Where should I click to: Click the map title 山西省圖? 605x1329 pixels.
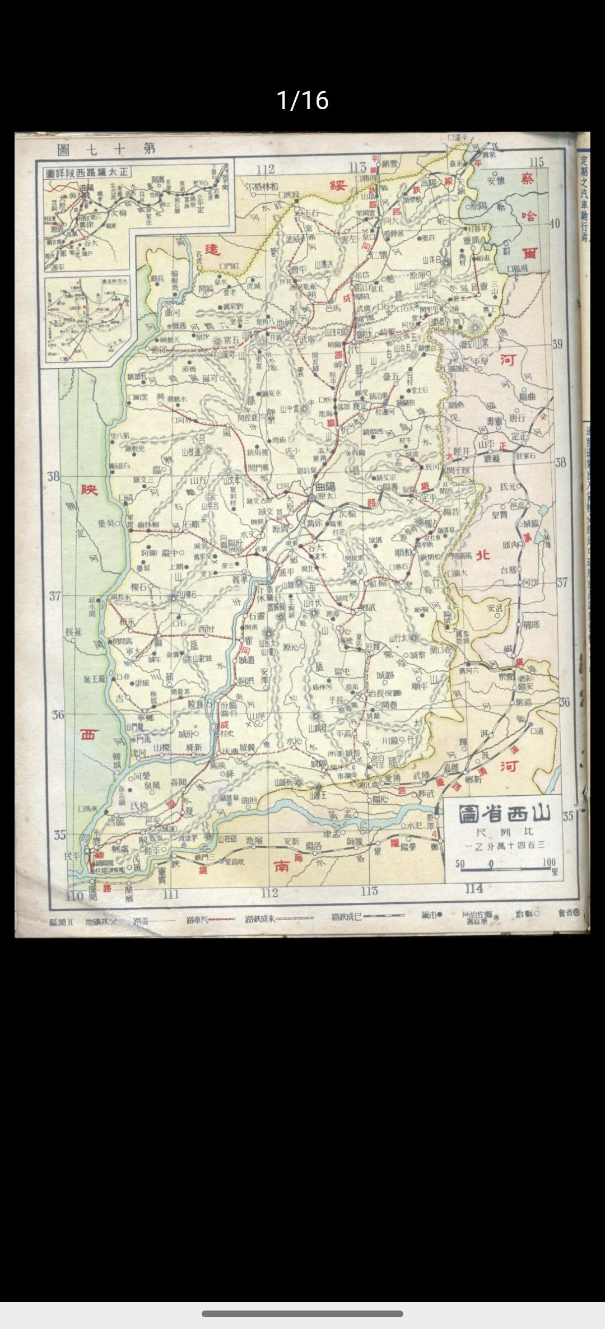pos(505,814)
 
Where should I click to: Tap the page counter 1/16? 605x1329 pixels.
pos(302,101)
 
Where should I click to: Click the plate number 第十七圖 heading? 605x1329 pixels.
pos(106,150)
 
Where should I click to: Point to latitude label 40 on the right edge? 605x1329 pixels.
pos(554,223)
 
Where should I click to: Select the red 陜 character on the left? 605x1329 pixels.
pos(90,489)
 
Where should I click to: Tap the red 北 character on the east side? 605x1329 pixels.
pos(483,555)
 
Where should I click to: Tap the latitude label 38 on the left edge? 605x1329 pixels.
pos(54,477)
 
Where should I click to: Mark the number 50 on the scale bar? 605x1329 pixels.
pos(460,863)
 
